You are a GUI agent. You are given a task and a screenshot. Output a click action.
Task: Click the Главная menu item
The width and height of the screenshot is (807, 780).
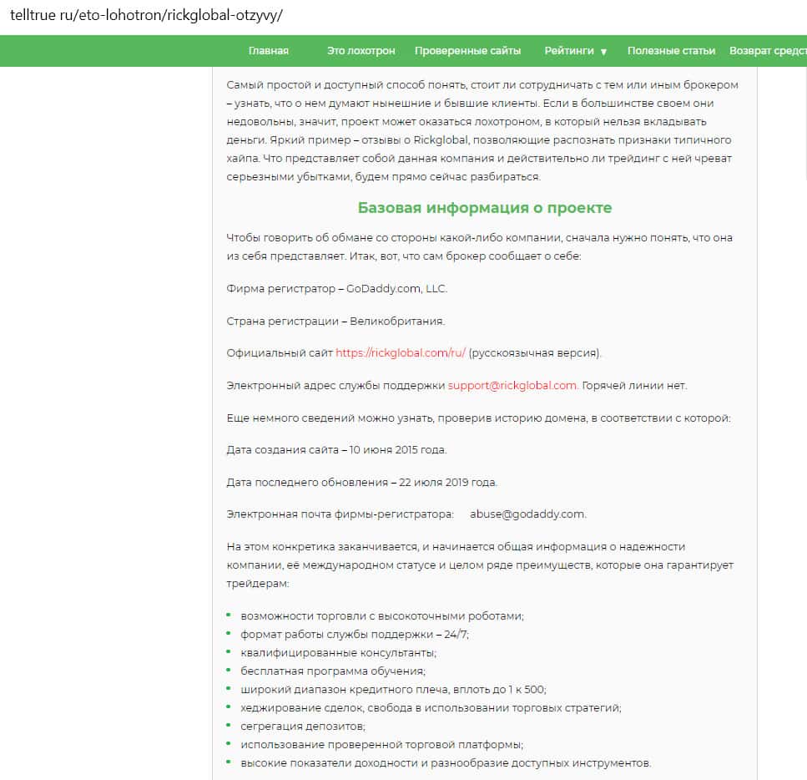269,51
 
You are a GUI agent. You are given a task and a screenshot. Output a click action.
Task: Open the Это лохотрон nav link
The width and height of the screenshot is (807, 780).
361,51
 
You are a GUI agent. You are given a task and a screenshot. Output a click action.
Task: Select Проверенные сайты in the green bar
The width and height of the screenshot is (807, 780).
467,51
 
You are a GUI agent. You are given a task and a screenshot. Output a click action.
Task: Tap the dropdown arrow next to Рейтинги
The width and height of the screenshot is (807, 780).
603,52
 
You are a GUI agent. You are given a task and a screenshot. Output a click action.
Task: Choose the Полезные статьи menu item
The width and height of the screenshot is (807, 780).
671,51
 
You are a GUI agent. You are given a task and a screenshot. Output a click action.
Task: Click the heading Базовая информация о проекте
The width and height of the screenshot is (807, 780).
485,208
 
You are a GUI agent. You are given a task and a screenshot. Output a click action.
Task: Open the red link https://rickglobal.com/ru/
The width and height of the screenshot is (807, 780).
401,353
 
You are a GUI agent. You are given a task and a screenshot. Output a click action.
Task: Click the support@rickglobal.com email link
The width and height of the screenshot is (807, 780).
512,386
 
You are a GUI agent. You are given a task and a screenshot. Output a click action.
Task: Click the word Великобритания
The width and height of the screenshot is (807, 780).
397,322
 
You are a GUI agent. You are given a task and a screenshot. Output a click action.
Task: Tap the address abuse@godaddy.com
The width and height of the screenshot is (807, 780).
527,514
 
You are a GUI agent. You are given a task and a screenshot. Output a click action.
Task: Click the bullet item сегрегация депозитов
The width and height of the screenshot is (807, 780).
303,726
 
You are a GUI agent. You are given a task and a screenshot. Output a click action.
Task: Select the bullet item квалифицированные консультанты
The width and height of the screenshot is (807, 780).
338,652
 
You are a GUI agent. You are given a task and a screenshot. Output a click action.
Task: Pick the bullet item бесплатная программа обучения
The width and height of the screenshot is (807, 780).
333,671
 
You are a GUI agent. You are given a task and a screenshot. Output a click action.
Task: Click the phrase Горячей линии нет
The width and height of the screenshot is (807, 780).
634,386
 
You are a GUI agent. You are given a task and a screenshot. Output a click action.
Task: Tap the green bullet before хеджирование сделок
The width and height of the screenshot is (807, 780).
229,707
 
